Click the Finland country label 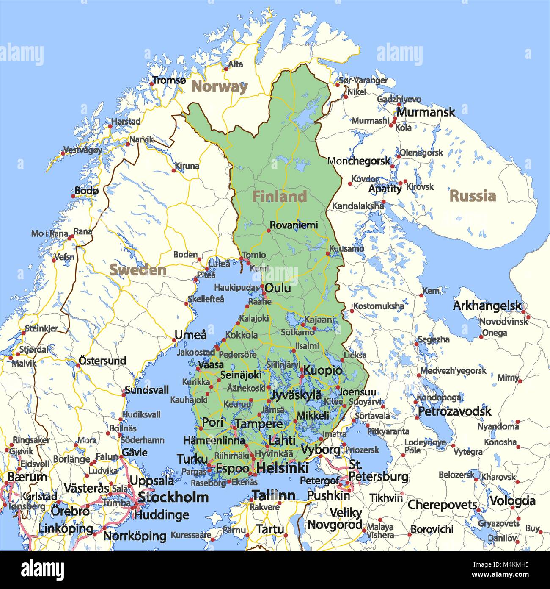click(x=279, y=197)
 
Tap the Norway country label click(x=219, y=86)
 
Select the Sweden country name click(x=138, y=270)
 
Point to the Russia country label click(x=472, y=196)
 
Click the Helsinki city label click(x=282, y=468)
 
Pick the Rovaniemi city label click(x=294, y=225)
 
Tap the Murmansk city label click(x=425, y=112)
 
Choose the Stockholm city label click(x=173, y=497)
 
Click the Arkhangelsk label click(x=487, y=306)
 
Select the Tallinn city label click(x=274, y=495)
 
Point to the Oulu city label click(x=278, y=288)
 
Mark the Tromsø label click(x=169, y=80)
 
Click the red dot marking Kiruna click(x=173, y=170)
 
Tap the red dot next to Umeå click(x=174, y=340)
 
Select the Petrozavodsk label click(x=454, y=411)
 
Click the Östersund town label click(x=102, y=361)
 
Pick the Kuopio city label click(x=323, y=370)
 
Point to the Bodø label click(x=86, y=191)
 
